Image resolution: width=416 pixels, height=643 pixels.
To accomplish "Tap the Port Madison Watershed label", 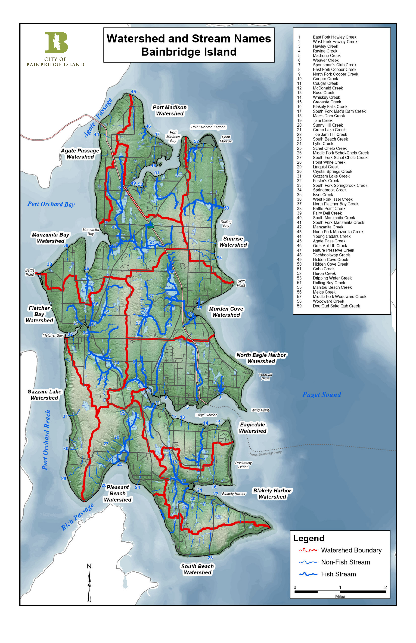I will click(x=169, y=110).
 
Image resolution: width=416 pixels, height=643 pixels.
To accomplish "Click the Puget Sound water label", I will click(x=321, y=395).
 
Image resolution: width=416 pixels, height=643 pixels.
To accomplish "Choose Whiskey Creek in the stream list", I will click(x=326, y=97).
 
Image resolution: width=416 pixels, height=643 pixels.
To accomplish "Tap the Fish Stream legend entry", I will click(x=338, y=574).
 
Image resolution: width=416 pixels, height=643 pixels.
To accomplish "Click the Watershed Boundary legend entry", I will click(x=351, y=550).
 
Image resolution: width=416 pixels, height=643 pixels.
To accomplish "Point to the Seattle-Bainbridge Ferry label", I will click(x=265, y=453).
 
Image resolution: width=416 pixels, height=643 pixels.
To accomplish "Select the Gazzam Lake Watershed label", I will click(x=44, y=395).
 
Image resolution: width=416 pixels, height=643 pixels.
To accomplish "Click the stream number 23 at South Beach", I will click(x=210, y=558).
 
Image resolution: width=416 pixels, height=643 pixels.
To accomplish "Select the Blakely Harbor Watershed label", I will click(x=272, y=494).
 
